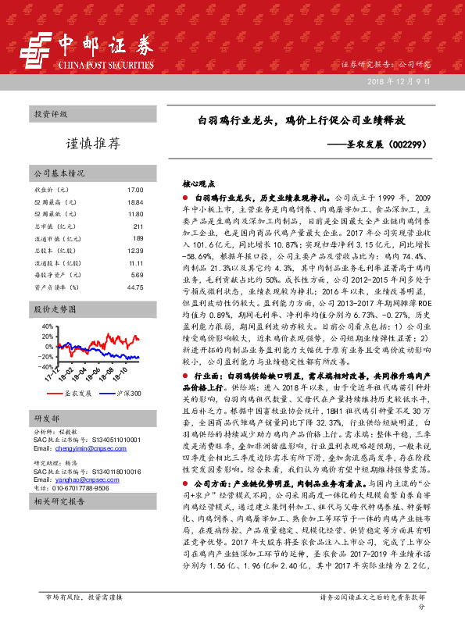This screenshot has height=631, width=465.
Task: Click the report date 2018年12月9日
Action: [399, 82]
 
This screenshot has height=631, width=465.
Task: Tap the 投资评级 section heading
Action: [49, 114]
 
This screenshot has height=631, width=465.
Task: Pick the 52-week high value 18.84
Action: [135, 202]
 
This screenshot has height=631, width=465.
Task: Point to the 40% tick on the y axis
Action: [47, 326]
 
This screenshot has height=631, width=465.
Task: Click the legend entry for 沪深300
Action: [124, 394]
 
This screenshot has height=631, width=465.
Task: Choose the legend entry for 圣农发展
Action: [79, 394]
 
